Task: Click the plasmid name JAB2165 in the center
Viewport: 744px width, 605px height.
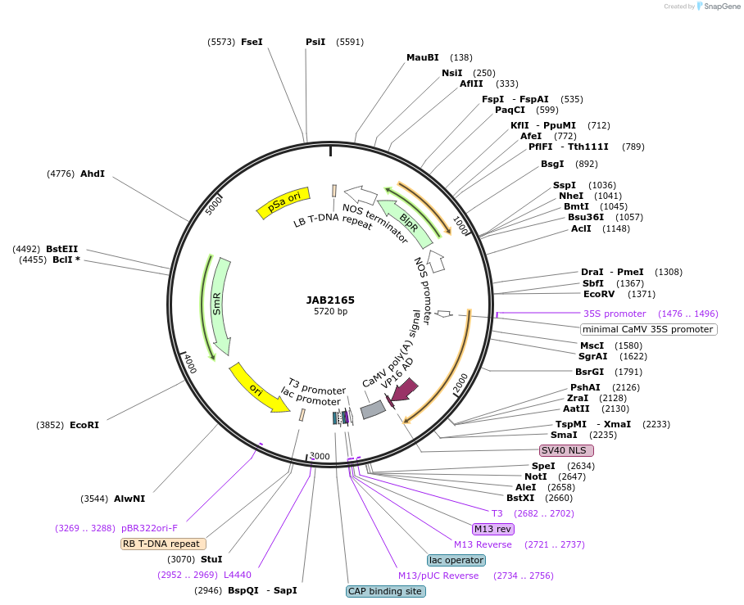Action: click(x=330, y=300)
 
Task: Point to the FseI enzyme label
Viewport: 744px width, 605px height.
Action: click(x=252, y=42)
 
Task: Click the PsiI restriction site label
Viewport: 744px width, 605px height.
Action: click(x=315, y=42)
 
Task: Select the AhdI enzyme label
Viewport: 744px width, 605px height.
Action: click(x=92, y=174)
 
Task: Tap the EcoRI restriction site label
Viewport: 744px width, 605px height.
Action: click(x=84, y=425)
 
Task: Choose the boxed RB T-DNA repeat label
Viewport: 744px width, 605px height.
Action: click(x=163, y=544)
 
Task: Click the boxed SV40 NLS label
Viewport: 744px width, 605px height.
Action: click(x=566, y=451)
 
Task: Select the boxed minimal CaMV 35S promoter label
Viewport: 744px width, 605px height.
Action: click(x=648, y=329)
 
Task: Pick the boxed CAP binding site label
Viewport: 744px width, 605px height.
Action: click(x=386, y=590)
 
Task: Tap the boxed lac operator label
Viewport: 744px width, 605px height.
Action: click(x=456, y=560)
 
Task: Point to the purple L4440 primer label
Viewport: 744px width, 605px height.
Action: click(x=238, y=575)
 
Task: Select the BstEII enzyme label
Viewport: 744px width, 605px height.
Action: click(x=62, y=249)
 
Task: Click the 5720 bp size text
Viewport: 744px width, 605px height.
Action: click(x=330, y=312)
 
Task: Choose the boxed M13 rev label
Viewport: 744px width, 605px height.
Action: click(x=493, y=529)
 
